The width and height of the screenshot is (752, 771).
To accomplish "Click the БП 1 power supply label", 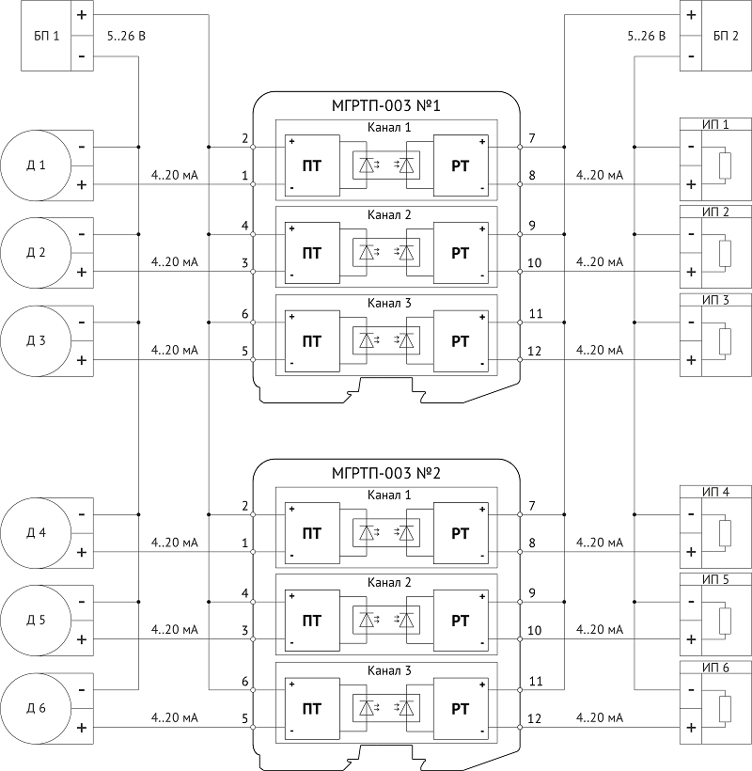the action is pyautogui.click(x=47, y=36).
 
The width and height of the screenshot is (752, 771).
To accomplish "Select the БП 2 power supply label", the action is pyautogui.click(x=726, y=36).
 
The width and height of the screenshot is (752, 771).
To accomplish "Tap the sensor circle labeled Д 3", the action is pyautogui.click(x=36, y=340).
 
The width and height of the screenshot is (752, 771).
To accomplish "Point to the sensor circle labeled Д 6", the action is pyautogui.click(x=36, y=708).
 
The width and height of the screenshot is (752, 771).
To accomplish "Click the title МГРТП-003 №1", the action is pyautogui.click(x=385, y=105).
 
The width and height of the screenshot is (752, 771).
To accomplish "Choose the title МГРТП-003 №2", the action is pyautogui.click(x=385, y=473).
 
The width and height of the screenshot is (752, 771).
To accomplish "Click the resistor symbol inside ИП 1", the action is pyautogui.click(x=725, y=165).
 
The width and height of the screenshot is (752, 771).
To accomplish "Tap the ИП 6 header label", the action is pyautogui.click(x=715, y=668).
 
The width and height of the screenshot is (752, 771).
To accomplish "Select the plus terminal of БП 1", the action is pyautogui.click(x=82, y=15).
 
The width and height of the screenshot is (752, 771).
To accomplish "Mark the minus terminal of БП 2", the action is pyautogui.click(x=691, y=56).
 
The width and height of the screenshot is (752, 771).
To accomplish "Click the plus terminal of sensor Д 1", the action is pyautogui.click(x=82, y=184).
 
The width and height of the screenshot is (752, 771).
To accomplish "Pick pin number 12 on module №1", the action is pyautogui.click(x=534, y=351).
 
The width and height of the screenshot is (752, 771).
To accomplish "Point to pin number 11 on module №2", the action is pyautogui.click(x=536, y=681).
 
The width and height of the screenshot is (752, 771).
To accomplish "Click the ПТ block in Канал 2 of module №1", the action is pyautogui.click(x=312, y=253).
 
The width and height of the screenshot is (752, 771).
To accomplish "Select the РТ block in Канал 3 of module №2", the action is pyautogui.click(x=461, y=709).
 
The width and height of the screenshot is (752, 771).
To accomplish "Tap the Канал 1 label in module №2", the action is pyautogui.click(x=389, y=495).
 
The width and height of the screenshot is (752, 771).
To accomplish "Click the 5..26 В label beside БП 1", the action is pyautogui.click(x=126, y=36).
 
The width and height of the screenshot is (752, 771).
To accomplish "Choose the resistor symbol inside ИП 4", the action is pyautogui.click(x=725, y=533).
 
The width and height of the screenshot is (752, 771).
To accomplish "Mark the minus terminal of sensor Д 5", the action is pyautogui.click(x=82, y=602).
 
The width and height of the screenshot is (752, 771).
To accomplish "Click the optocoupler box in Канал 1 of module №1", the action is pyautogui.click(x=386, y=165).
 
